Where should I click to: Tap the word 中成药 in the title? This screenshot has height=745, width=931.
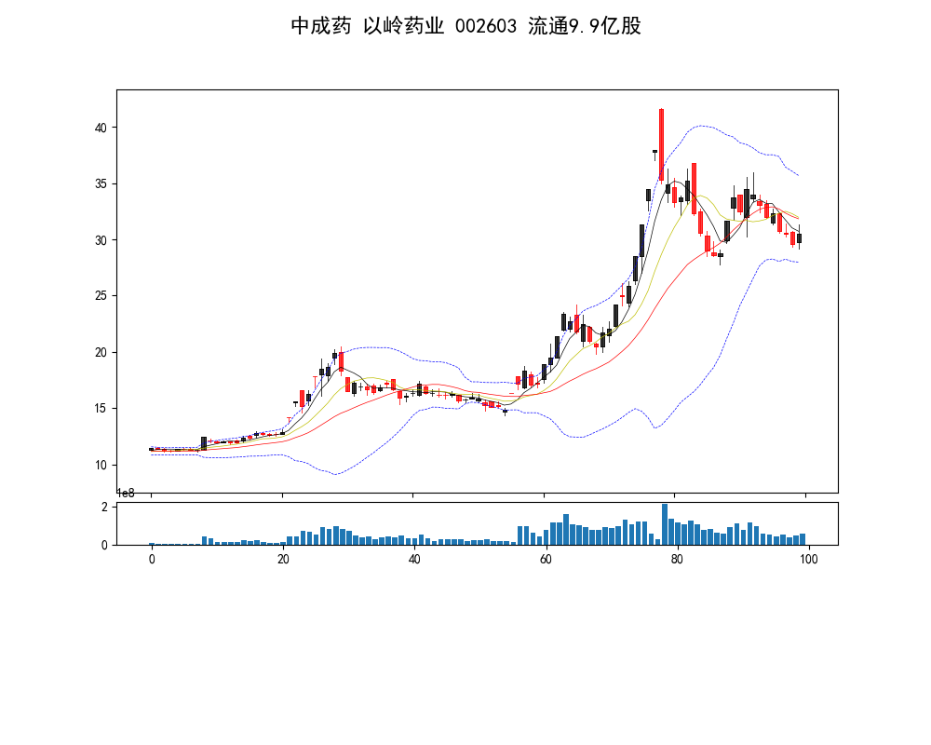click(x=320, y=26)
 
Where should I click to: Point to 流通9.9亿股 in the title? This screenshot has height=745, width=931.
click(x=585, y=26)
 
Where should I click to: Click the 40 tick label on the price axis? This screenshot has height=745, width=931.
click(x=103, y=128)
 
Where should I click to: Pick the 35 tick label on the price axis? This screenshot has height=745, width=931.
click(x=103, y=184)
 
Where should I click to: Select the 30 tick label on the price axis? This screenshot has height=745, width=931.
click(x=103, y=240)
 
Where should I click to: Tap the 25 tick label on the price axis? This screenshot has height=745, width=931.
click(x=103, y=296)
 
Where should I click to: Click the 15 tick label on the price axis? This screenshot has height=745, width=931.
click(x=103, y=409)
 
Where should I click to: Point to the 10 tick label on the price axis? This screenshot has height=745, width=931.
click(x=103, y=465)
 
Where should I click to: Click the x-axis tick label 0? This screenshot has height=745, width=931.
click(x=152, y=559)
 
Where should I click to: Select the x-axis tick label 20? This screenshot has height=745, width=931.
click(x=283, y=559)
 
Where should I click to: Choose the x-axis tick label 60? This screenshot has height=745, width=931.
click(x=546, y=559)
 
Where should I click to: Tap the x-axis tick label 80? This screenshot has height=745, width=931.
click(x=677, y=559)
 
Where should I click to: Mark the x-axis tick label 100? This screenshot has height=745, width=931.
click(x=808, y=559)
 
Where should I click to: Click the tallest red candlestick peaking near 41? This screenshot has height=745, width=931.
click(x=661, y=144)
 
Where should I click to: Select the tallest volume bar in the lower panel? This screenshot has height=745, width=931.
click(x=665, y=524)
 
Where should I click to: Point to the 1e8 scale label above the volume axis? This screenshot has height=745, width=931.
click(x=125, y=493)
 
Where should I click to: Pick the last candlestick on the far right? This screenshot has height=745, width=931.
click(x=799, y=238)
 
